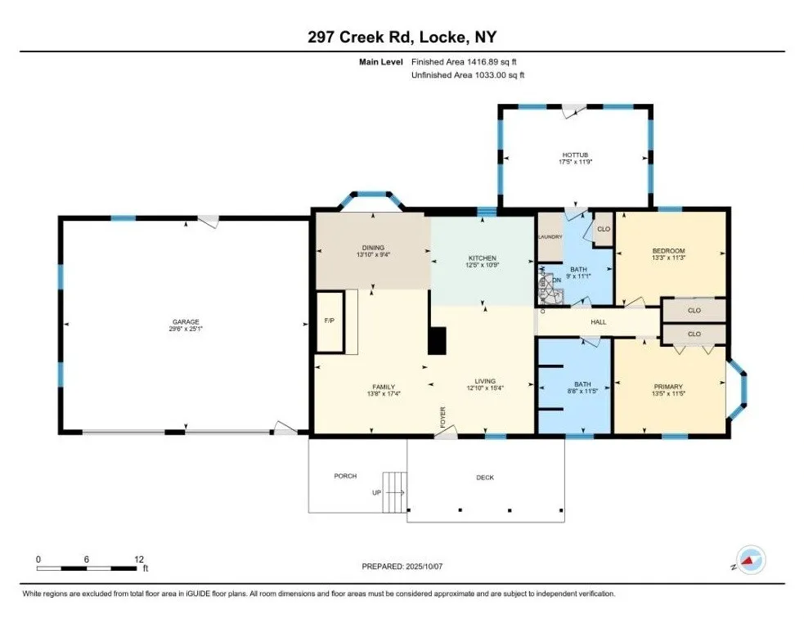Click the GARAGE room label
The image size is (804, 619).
pyautogui.click(x=185, y=322)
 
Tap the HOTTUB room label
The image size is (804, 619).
pyautogui.click(x=575, y=155)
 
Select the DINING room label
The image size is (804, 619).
pyautogui.click(x=373, y=248)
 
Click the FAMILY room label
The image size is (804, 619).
pyautogui.click(x=384, y=387)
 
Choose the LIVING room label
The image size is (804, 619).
pyautogui.click(x=485, y=381)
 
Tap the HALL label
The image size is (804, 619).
pyautogui.click(x=598, y=322)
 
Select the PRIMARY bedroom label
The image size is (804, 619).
pyautogui.click(x=667, y=387)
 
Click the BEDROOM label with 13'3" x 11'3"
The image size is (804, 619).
pyautogui.click(x=668, y=251)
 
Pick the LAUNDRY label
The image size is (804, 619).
pyautogui.click(x=549, y=237)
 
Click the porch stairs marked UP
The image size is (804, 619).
pyautogui.click(x=396, y=491)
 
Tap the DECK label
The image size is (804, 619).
pyautogui.click(x=485, y=478)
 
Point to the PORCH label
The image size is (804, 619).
pyautogui.click(x=345, y=476)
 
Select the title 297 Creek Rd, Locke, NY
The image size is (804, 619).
pyautogui.click(x=402, y=38)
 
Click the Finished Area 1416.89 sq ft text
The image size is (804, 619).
pyautogui.click(x=464, y=61)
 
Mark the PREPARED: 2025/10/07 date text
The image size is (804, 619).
pyautogui.click(x=402, y=566)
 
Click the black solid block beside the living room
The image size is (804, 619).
pyautogui.click(x=438, y=340)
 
